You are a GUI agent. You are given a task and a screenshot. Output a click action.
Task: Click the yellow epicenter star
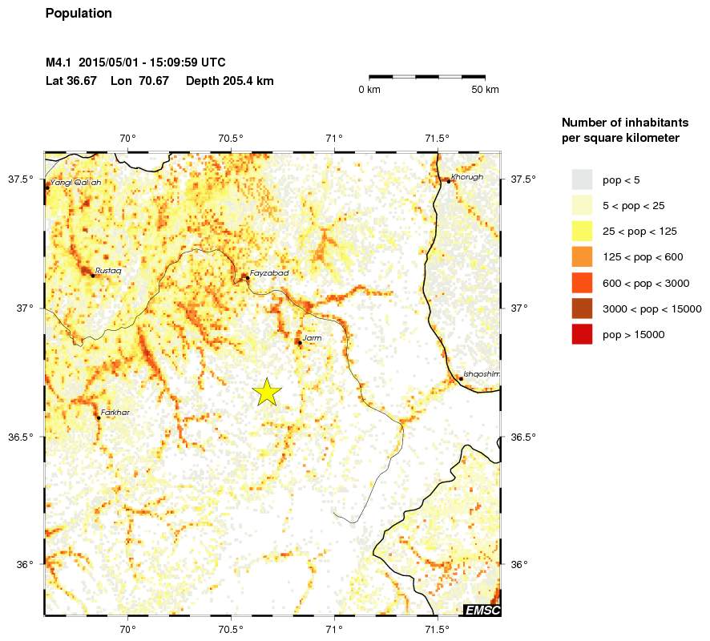268,391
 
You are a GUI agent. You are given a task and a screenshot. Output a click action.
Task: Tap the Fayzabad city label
268,273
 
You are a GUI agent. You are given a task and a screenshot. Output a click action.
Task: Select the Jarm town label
312,339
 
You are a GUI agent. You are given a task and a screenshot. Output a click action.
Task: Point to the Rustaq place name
108,271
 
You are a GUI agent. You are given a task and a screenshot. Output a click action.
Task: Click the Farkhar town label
115,413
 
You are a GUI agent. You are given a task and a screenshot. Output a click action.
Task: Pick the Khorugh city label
467,176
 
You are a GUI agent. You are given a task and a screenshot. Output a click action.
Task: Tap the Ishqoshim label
482,374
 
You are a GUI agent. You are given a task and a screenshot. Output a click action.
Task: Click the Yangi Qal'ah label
75,183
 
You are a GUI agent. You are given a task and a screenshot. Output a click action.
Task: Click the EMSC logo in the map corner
482,611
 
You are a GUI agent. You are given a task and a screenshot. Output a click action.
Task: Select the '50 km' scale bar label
486,89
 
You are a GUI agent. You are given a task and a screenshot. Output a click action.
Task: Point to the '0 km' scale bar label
369,89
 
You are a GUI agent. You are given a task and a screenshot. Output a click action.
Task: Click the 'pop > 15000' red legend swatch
582,335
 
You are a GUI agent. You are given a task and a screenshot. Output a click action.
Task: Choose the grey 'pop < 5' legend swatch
582,179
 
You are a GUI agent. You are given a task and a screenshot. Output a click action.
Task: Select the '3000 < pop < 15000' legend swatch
582,308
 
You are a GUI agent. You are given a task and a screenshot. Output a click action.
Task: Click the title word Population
79,14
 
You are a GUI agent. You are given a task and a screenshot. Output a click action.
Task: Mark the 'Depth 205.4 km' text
230,81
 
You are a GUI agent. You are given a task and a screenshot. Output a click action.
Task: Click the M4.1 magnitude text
58,62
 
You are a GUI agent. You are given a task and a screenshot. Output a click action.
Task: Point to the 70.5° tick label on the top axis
231,138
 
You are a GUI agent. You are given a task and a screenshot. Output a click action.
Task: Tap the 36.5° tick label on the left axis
19,437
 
